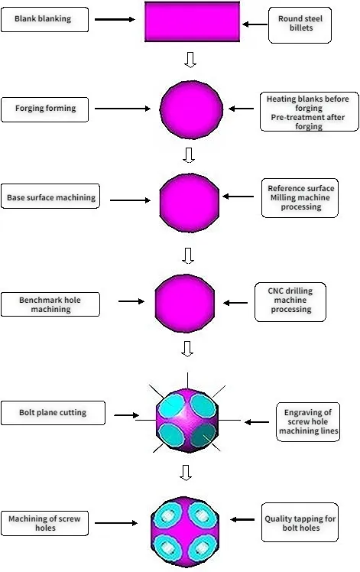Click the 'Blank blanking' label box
45,19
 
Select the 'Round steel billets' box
301,24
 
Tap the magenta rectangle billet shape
193,21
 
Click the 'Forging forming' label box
46,109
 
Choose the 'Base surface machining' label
52,198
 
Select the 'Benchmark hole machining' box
50,304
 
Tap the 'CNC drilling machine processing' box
290,300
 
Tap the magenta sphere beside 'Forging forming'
191,109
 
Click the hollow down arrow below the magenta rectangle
191,60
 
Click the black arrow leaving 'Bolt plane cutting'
125,416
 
